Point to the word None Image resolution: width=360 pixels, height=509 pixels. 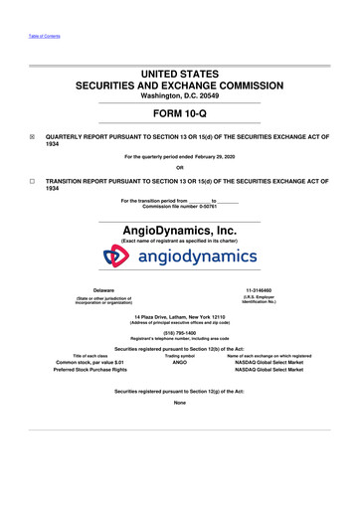(180, 403)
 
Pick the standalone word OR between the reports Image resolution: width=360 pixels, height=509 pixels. (179, 166)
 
